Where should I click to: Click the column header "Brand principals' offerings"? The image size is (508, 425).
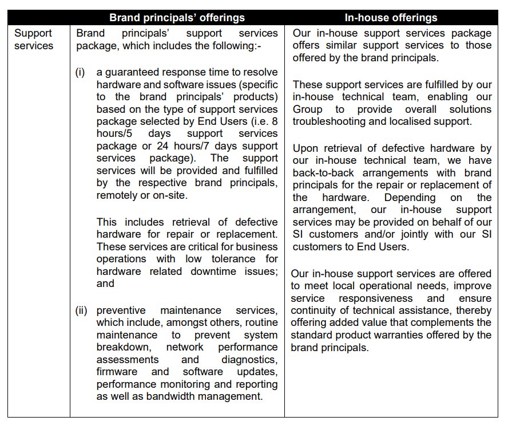click(177, 18)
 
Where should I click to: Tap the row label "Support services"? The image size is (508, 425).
click(33, 39)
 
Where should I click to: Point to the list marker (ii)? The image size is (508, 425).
click(81, 310)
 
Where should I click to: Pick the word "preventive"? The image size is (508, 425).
click(123, 310)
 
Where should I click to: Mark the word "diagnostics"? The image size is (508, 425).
click(249, 360)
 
